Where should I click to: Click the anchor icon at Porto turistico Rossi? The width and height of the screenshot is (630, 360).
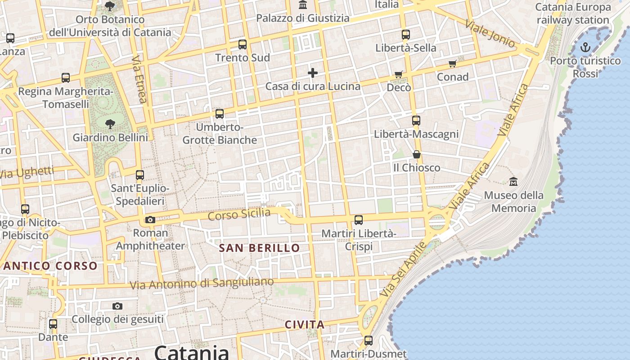[585, 47]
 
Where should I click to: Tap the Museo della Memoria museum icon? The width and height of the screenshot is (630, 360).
[513, 182]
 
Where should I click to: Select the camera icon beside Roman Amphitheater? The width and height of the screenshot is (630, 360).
[150, 220]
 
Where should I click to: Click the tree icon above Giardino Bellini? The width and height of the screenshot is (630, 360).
[110, 124]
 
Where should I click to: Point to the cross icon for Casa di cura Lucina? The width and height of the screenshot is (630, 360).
[313, 73]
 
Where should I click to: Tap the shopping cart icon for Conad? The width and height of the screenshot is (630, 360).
[452, 64]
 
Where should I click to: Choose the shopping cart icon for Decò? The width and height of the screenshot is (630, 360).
[398, 74]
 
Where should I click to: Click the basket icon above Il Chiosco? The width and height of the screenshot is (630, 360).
[417, 154]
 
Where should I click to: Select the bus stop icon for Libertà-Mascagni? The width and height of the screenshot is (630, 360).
[416, 121]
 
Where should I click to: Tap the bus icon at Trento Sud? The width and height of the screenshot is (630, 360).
[243, 45]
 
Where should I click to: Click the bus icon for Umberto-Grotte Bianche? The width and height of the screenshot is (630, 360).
[220, 114]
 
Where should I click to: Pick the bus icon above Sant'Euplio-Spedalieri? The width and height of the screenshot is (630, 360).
[140, 175]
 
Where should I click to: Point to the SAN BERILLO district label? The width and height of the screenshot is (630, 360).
[259, 248]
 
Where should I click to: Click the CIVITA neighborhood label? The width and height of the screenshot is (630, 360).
[305, 324]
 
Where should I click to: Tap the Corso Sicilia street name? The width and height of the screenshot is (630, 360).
[239, 214]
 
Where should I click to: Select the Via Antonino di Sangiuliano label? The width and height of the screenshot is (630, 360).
[202, 283]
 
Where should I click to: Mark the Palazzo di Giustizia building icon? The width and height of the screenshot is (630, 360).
[303, 5]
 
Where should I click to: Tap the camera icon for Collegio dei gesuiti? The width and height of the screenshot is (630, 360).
[117, 306]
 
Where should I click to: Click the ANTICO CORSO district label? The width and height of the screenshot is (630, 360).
[50, 266]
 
